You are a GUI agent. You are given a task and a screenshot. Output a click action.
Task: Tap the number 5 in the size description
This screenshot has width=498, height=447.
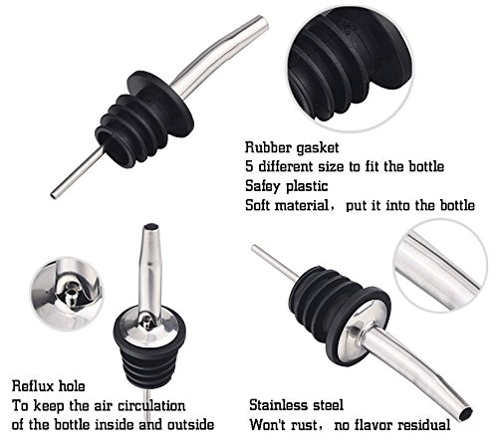tap(249, 166)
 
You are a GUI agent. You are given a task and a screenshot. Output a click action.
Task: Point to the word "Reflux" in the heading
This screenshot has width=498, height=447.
tap(33, 386)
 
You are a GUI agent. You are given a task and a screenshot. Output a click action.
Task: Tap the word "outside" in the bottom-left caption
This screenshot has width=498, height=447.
tap(190, 424)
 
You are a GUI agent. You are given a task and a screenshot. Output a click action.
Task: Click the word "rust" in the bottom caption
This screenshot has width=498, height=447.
tap(303, 425)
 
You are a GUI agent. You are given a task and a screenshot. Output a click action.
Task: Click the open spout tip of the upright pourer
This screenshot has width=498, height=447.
tap(151, 227)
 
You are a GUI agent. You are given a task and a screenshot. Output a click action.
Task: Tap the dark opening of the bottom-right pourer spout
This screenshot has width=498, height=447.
tap(465, 414)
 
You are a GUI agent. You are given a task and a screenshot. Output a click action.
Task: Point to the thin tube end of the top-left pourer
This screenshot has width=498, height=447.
tap(53, 195)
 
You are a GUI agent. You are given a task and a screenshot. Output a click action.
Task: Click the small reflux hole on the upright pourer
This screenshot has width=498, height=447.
tap(145, 321)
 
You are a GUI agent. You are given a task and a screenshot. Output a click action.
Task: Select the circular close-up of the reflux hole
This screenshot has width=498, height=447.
tap(68, 294)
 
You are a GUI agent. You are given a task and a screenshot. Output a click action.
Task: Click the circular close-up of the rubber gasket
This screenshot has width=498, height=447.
tap(351, 68)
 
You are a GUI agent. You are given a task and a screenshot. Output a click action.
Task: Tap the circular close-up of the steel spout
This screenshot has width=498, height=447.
tap(440, 267)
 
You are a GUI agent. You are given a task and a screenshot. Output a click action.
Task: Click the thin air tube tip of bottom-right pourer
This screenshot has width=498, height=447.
tap(254, 247)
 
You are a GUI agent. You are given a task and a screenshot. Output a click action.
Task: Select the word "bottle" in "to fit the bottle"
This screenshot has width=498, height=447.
tap(426, 166)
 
